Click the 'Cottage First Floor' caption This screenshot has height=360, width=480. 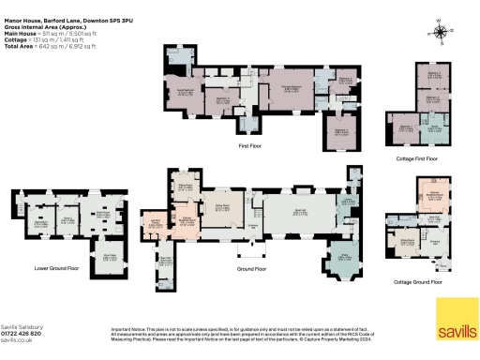[419, 157]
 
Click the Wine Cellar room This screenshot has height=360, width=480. [108, 257]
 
